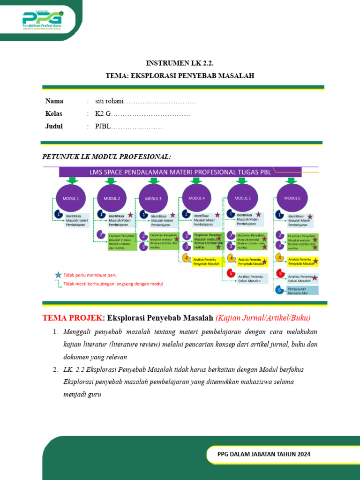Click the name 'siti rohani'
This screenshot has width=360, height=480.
[109, 101]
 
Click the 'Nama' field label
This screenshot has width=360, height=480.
[54, 101]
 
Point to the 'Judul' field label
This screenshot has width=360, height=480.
[54, 126]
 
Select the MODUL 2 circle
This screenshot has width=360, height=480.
[112, 198]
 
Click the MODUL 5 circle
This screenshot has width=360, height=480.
[242, 198]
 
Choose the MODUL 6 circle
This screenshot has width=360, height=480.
[292, 198]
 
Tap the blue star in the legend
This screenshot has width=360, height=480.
[58, 275]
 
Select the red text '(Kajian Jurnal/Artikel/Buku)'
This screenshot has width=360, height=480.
[263, 318]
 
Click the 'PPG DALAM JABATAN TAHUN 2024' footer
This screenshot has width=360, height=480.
[264, 454]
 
